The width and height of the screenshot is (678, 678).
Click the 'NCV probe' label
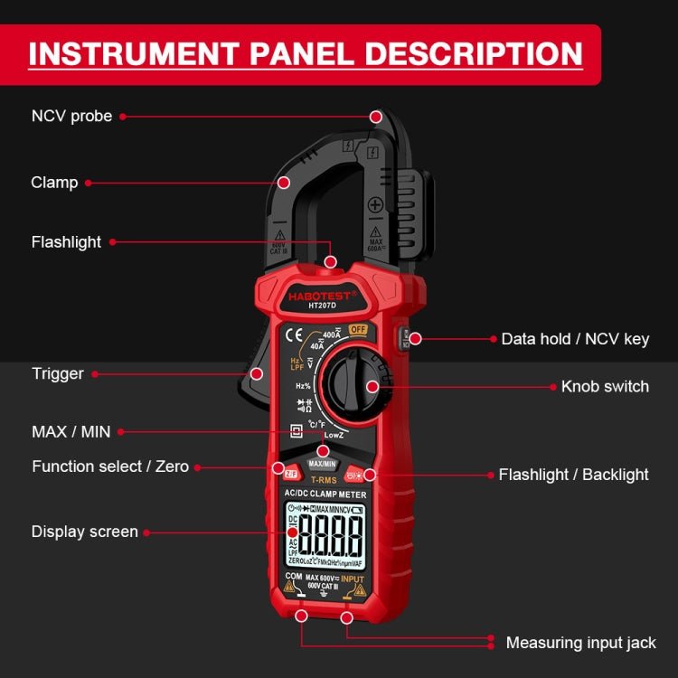72,116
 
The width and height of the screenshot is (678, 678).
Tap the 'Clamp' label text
54,183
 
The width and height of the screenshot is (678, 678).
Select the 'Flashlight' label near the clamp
66,242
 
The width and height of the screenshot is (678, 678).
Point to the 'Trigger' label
58,373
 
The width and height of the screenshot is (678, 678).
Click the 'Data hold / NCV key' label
575,339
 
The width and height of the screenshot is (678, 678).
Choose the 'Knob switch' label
605,386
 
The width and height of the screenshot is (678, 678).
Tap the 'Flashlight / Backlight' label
573,474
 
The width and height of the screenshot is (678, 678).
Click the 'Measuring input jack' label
581,643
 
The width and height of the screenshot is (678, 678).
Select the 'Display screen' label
85,532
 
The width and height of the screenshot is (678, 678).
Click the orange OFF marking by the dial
357,329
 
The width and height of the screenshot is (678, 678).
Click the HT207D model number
322,306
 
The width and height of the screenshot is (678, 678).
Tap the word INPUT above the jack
352,578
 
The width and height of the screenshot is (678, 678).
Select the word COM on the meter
293,576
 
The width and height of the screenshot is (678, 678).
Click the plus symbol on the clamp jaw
375,204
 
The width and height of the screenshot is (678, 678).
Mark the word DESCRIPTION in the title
460,53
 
